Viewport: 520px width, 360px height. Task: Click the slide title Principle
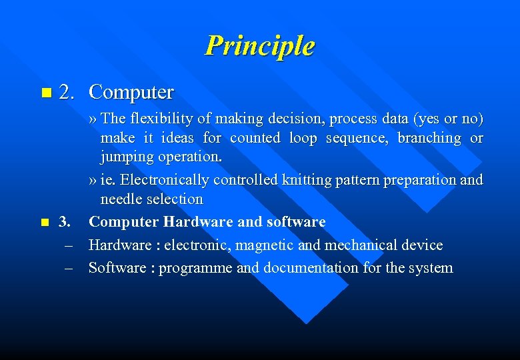point(259,46)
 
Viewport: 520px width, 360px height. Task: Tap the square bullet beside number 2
point(45,91)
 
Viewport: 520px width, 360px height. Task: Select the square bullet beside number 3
point(44,221)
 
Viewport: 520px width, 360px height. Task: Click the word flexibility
point(159,119)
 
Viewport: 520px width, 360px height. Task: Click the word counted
point(255,138)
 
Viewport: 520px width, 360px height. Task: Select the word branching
point(429,138)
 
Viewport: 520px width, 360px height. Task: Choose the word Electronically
point(163,180)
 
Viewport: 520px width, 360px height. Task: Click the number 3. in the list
point(65,221)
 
